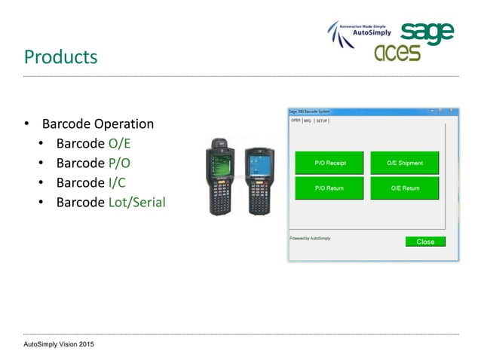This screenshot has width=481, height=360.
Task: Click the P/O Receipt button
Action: (x=329, y=163)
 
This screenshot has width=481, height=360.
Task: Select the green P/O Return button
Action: (x=329, y=188)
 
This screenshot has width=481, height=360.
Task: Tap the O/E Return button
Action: (x=405, y=188)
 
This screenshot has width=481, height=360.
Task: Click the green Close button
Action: (x=425, y=242)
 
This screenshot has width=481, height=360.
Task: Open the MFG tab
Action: (x=308, y=121)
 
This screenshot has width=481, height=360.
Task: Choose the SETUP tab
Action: (x=322, y=121)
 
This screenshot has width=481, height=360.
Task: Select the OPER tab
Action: (x=296, y=120)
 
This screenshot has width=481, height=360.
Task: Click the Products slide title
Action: (x=60, y=56)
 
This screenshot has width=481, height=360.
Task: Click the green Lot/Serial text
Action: (x=136, y=202)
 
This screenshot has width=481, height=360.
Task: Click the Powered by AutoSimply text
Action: (x=310, y=238)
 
